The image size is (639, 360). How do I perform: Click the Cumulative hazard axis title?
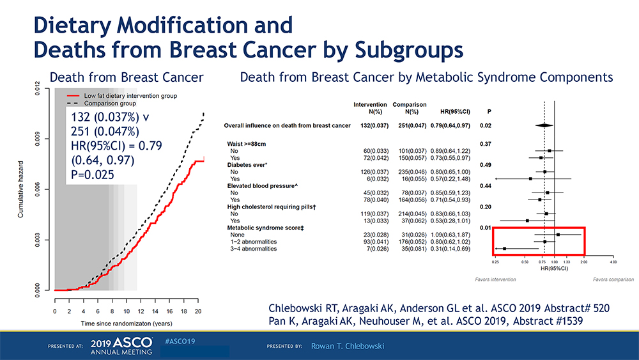(21, 190)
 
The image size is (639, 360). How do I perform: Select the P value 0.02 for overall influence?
(485, 125)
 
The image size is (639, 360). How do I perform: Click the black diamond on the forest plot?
(544, 125)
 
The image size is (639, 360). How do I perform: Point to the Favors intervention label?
(496, 279)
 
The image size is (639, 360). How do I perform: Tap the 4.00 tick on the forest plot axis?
(613, 262)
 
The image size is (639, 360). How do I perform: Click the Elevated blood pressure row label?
(261, 185)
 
